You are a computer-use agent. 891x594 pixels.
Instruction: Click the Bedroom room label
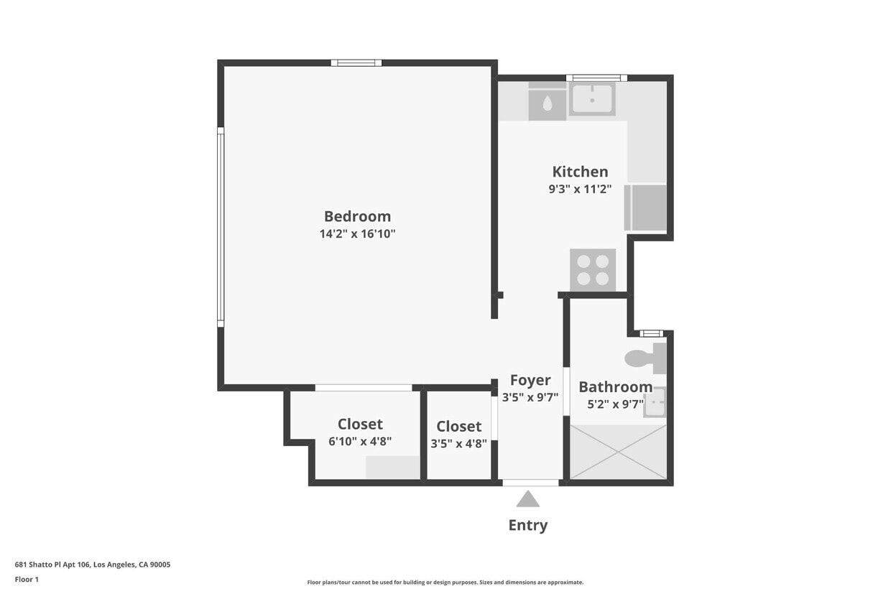pyautogui.click(x=357, y=216)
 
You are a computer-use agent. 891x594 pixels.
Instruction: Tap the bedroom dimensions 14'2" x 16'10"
pyautogui.click(x=357, y=234)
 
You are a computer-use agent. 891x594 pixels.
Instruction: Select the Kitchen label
pyautogui.click(x=580, y=172)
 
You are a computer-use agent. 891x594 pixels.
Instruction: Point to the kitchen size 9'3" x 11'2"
pyautogui.click(x=580, y=190)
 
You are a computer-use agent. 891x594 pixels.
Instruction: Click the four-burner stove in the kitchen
pyautogui.click(x=593, y=270)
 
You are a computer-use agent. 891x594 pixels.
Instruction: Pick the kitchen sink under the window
pyautogui.click(x=592, y=98)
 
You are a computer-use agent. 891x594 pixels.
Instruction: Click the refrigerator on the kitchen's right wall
pyautogui.click(x=646, y=208)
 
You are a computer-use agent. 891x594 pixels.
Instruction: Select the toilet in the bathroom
pyautogui.click(x=645, y=358)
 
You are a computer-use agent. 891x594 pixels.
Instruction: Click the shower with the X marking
pyautogui.click(x=618, y=452)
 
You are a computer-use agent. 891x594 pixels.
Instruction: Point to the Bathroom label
pyautogui.click(x=615, y=387)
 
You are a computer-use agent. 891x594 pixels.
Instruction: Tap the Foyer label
pyautogui.click(x=530, y=380)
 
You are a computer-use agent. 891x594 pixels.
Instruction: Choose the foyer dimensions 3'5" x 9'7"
pyautogui.click(x=530, y=397)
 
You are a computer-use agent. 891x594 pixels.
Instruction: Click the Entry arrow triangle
pyautogui.click(x=528, y=498)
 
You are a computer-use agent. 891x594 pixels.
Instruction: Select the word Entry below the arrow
pyautogui.click(x=528, y=525)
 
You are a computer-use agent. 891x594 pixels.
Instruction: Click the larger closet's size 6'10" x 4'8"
pyautogui.click(x=360, y=442)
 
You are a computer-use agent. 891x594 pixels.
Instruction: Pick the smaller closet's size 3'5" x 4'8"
pyautogui.click(x=458, y=444)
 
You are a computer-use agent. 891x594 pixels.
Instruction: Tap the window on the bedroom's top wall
pyautogui.click(x=356, y=63)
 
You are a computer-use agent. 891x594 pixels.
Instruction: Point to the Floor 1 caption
pyautogui.click(x=27, y=580)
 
